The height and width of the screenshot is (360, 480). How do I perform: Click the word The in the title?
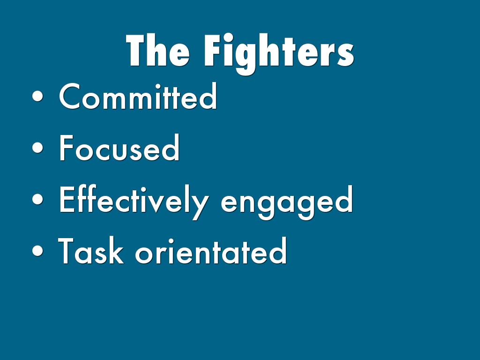(157, 50)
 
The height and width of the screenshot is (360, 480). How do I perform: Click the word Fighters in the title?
(279, 54)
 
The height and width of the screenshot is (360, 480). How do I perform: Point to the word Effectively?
(134, 202)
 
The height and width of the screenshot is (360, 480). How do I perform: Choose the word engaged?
(287, 202)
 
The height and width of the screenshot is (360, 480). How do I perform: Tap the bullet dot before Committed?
(37, 96)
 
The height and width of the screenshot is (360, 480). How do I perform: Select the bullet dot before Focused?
(37, 148)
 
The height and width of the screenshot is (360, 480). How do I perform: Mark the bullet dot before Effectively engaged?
(37, 199)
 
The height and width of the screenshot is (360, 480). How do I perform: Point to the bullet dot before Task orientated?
(37, 250)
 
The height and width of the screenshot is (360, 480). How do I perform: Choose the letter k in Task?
(117, 250)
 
